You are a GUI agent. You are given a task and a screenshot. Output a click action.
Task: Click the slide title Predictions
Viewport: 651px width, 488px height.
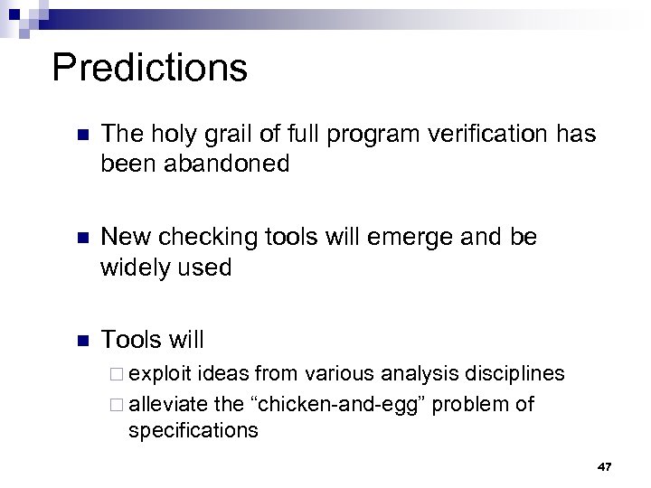pos(149,68)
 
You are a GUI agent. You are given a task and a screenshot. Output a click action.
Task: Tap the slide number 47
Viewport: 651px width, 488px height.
pos(605,466)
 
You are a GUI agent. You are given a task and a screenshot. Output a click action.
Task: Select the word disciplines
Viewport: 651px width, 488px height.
pos(514,373)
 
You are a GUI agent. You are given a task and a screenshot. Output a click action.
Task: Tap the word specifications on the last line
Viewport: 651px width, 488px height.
pos(193,430)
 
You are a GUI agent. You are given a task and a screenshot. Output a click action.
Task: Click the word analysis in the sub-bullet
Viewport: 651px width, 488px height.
pos(421,373)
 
